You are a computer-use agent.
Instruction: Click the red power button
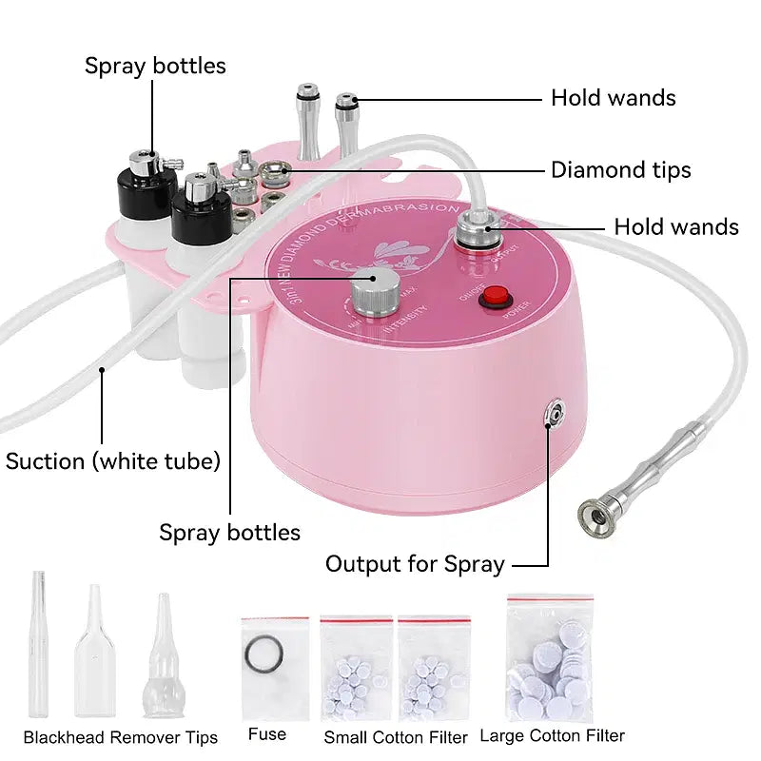click(x=493, y=298)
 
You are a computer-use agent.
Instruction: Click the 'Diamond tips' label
click(x=620, y=170)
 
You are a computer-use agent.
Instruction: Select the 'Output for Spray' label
click(x=414, y=564)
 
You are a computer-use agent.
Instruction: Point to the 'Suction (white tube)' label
click(x=112, y=461)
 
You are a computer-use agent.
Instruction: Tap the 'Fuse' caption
click(x=266, y=733)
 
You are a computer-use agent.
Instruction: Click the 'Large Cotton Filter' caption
click(x=552, y=734)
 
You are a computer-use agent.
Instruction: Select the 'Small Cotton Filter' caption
click(x=396, y=736)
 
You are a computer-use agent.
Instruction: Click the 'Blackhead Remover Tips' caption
click(x=121, y=737)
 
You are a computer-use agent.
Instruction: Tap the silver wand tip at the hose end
click(x=597, y=516)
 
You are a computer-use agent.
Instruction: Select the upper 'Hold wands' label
click(x=613, y=97)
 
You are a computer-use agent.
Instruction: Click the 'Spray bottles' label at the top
click(x=155, y=66)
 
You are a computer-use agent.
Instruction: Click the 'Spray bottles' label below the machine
click(x=229, y=533)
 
